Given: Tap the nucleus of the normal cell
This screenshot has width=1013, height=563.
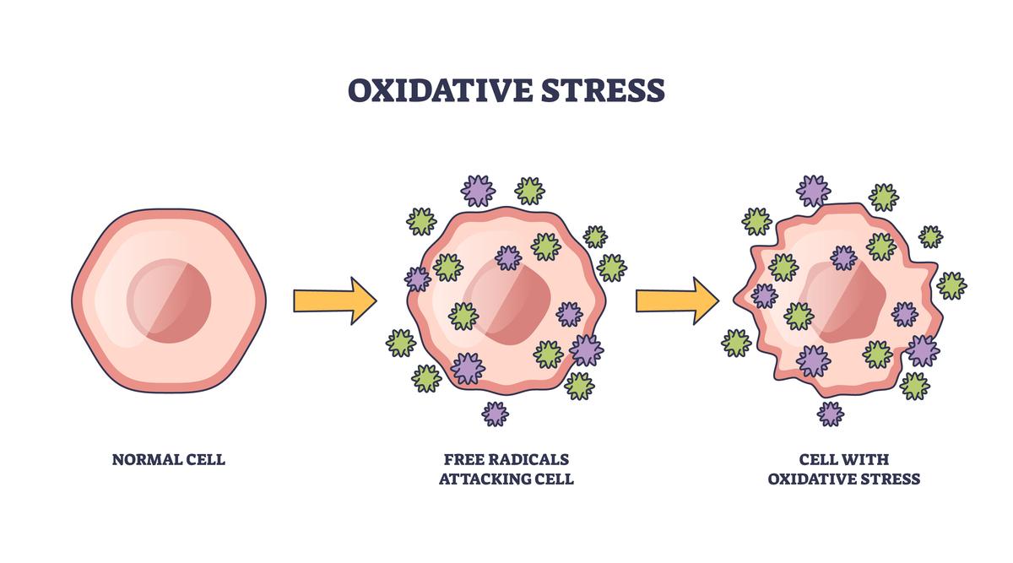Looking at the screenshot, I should pos(169,301).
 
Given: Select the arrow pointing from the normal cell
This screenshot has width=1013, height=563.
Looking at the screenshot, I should pos(334,300).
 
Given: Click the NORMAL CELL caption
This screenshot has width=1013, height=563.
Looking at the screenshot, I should pos(169,460).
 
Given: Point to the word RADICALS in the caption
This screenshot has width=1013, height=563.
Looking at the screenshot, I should pos(529,460).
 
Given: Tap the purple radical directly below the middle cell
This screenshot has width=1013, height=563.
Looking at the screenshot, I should pos(496,414).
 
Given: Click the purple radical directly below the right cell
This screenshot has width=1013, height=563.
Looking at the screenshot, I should pos(831,414).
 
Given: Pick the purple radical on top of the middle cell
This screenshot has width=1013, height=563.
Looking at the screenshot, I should pos(479,192).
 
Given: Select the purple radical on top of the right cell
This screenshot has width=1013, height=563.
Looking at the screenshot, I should pos(814,191).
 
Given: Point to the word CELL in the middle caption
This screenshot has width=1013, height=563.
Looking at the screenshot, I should pos(555,479).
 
